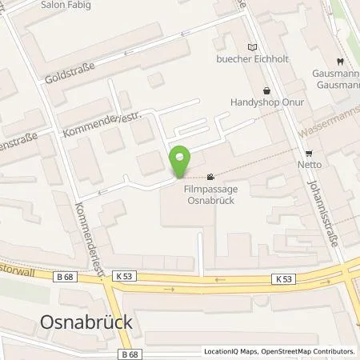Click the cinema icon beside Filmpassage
210,177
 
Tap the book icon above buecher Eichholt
254,46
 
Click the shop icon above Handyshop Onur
266,90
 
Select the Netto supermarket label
308,165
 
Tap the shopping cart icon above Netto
308,153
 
